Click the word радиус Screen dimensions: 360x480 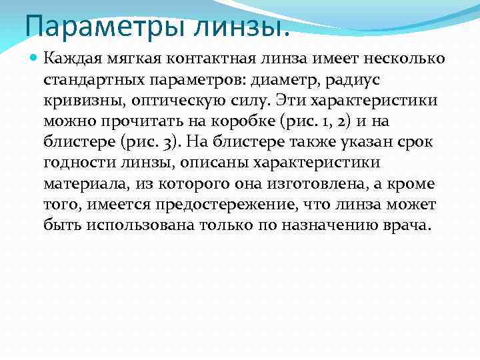[x=360, y=80]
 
